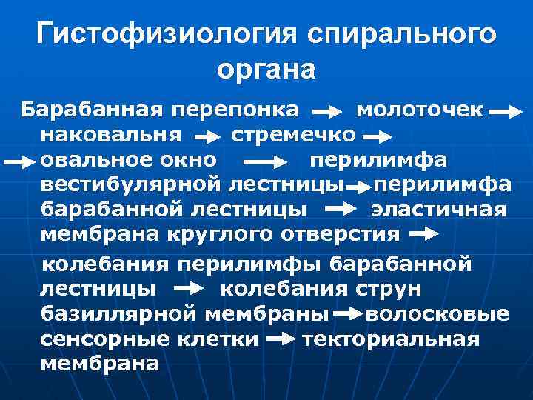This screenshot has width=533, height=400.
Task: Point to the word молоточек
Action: [x=420, y=111]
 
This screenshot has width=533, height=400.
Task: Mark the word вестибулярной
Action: [x=131, y=184]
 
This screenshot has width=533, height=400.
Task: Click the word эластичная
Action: [x=438, y=209]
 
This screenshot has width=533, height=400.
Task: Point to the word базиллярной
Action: [x=118, y=314]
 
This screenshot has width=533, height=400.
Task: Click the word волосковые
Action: [x=437, y=314]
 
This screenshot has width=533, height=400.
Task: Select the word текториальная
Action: [x=391, y=339]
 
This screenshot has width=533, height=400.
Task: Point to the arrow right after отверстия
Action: [x=423, y=235]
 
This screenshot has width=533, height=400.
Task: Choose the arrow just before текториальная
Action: [x=281, y=340]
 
